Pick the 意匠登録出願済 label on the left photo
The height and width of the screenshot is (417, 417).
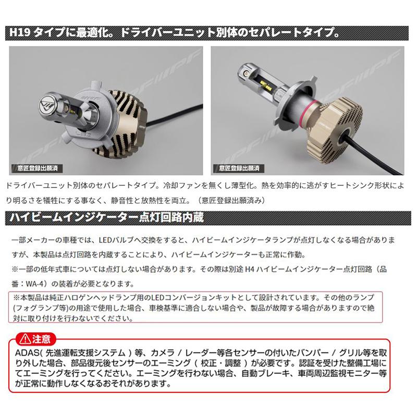(x=35, y=168)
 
